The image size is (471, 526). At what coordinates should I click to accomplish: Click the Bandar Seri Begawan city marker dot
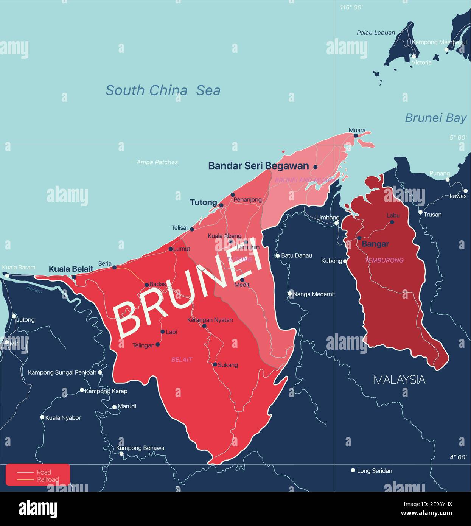pyautogui.click(x=315, y=167)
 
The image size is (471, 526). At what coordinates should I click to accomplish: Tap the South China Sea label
pyautogui.click(x=163, y=90)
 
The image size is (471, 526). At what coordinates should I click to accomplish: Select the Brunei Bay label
pyautogui.click(x=435, y=118)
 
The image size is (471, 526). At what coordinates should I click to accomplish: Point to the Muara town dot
pyautogui.click(x=356, y=135)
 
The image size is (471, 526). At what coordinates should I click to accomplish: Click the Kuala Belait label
pyautogui.click(x=71, y=269)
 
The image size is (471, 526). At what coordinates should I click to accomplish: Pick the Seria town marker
pyautogui.click(x=115, y=267)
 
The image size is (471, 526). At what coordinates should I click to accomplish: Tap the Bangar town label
pyautogui.click(x=375, y=244)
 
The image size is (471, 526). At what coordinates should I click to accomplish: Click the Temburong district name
pyautogui.click(x=384, y=260)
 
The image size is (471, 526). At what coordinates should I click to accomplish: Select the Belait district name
pyautogui.click(x=182, y=359)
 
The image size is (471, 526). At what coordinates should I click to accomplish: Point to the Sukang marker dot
pyautogui.click(x=215, y=364)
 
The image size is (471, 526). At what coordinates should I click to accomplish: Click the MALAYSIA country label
pyautogui.click(x=399, y=380)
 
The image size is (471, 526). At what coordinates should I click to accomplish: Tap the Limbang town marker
pyautogui.click(x=336, y=223)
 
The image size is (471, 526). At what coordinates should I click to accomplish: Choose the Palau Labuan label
pyautogui.click(x=376, y=33)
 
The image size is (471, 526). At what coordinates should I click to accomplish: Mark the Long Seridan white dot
pyautogui.click(x=353, y=470)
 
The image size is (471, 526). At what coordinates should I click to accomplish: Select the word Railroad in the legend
pyautogui.click(x=48, y=479)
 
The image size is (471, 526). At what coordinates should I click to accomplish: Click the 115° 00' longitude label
pyautogui.click(x=351, y=8)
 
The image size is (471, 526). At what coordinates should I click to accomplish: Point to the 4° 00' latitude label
pyautogui.click(x=458, y=457)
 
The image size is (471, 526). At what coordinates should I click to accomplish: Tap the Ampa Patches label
pyautogui.click(x=157, y=162)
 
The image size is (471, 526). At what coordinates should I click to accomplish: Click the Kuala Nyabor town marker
pyautogui.click(x=42, y=417)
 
